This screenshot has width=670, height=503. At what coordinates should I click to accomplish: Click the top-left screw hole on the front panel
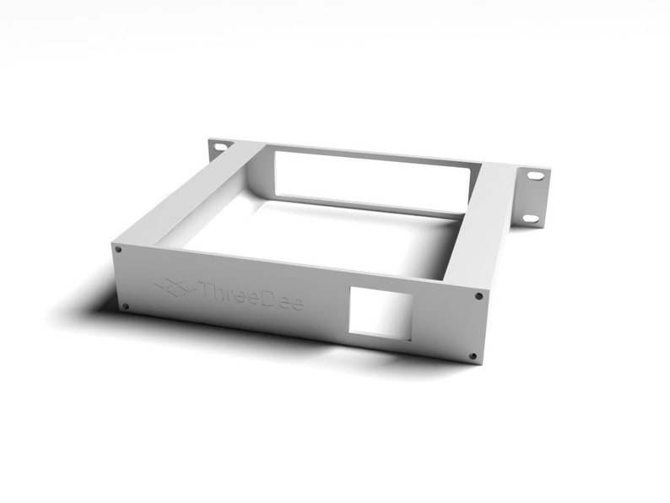pyautogui.click(x=118, y=250)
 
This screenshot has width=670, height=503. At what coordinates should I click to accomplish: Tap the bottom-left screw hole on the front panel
pyautogui.click(x=126, y=306)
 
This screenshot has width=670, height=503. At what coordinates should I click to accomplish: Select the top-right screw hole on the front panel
pyautogui.click(x=479, y=296)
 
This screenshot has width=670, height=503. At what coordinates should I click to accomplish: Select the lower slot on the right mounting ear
pyautogui.click(x=529, y=219)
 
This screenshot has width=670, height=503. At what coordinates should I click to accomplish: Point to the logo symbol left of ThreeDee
pyautogui.click(x=172, y=288)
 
